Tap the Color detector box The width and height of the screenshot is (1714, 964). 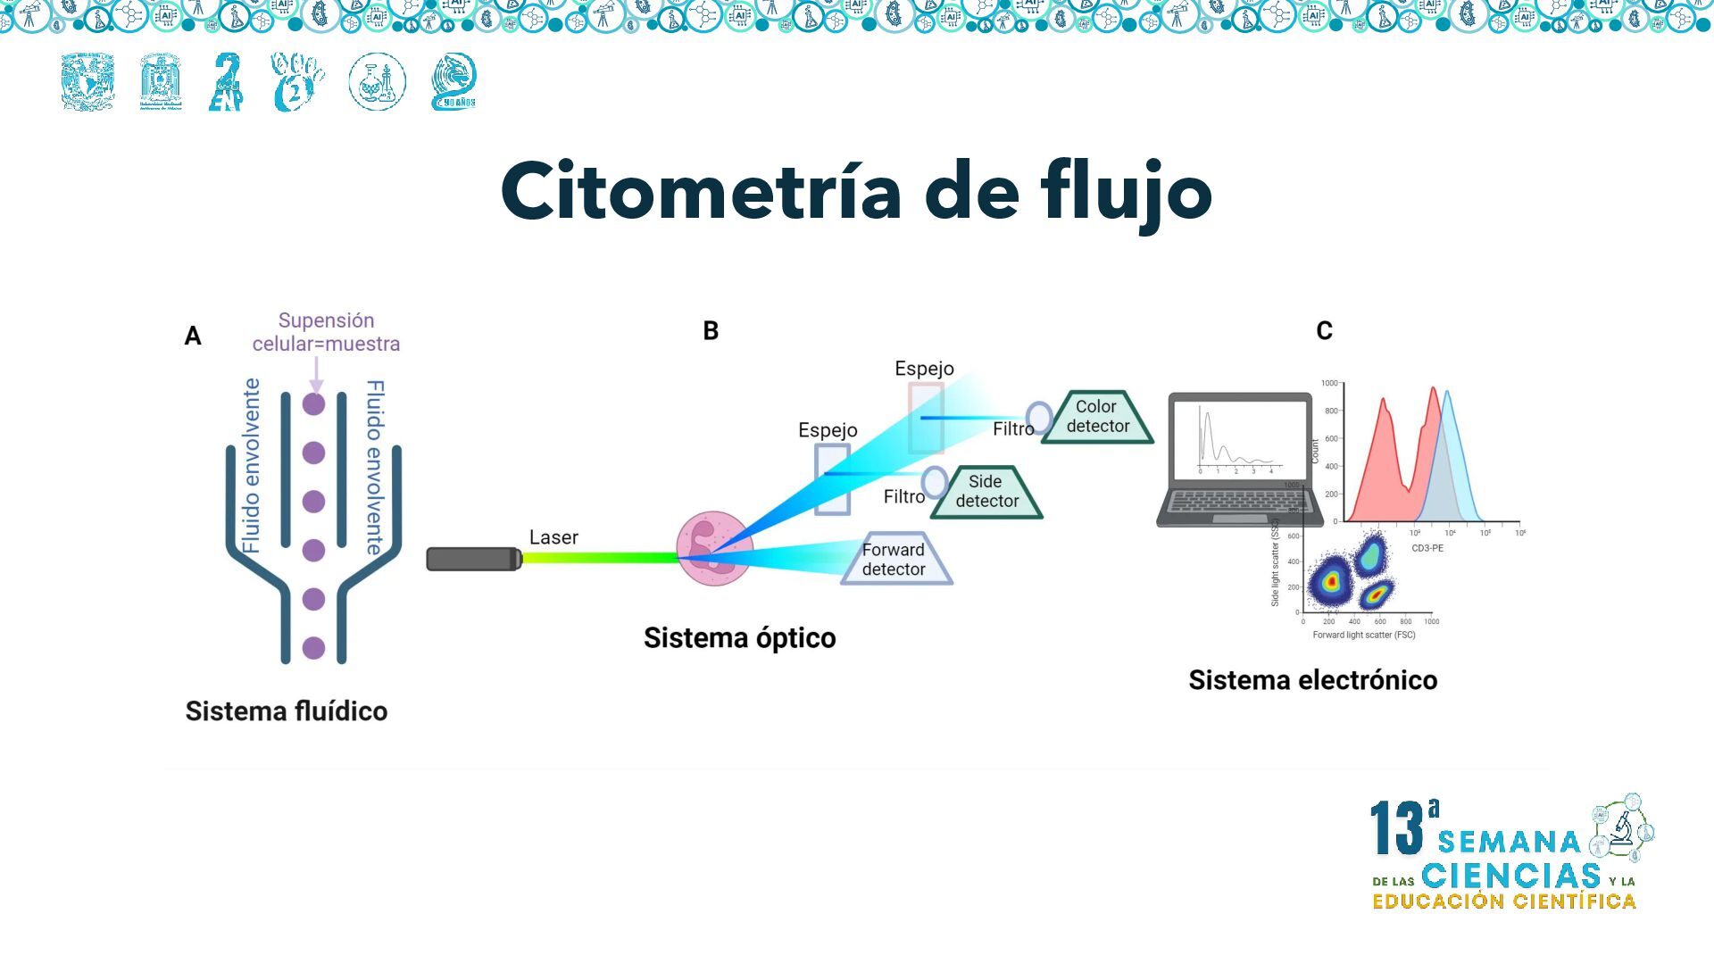[x=1097, y=417]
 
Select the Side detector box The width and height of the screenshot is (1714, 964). [x=986, y=492]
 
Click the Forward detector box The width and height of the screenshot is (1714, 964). [x=894, y=560]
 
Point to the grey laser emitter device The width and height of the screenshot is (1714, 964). [x=474, y=559]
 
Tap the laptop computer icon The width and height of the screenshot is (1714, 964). [x=1239, y=460]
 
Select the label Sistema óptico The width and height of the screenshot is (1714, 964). [x=739, y=638]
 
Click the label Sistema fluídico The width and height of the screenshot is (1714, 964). [x=286, y=711]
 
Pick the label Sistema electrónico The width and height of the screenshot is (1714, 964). [x=1312, y=680]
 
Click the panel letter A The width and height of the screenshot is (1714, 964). [x=193, y=337]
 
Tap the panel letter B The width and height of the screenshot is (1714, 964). [x=711, y=331]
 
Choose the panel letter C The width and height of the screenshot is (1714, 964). [x=1324, y=331]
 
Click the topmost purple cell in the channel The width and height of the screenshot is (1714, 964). [x=313, y=404]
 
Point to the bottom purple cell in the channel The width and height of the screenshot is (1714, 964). [x=313, y=648]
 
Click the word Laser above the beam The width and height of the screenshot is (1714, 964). [x=553, y=537]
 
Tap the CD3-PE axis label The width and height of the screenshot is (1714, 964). [x=1427, y=548]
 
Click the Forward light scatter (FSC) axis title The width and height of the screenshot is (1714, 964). [x=1363, y=636]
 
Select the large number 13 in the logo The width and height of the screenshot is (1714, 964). [x=1397, y=827]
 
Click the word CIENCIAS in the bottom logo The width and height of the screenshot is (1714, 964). [x=1510, y=876]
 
